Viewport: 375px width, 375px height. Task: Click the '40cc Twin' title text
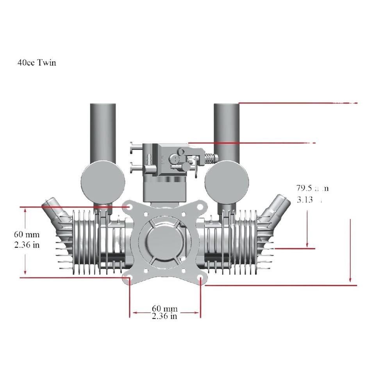coord(37,62)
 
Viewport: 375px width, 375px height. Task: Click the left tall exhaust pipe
coord(103,131)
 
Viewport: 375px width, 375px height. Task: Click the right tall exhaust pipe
coord(227,131)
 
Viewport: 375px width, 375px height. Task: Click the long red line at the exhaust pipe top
coord(297,103)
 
